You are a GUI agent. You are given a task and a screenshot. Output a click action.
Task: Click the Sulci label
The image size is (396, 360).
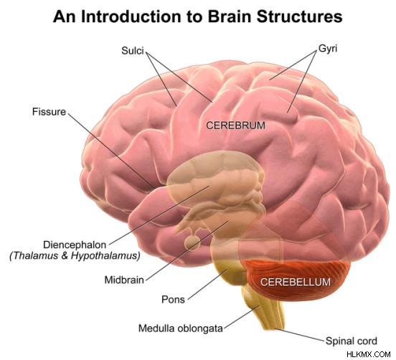point(133,51)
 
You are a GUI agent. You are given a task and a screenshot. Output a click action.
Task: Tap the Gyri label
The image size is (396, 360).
point(328,49)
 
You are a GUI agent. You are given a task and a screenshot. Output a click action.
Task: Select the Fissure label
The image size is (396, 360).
point(49,112)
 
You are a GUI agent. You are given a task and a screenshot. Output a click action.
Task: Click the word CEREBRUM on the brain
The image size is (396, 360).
point(235,125)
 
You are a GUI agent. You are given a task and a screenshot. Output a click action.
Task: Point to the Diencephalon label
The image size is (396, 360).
point(75,245)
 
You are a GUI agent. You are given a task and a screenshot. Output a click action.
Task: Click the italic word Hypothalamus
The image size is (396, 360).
point(105,256)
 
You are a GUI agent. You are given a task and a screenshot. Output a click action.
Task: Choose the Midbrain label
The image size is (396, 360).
point(124,280)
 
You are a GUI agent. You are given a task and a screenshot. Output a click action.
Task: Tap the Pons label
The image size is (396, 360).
point(174,300)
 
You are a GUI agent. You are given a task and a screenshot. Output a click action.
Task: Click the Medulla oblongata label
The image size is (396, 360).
point(181,328)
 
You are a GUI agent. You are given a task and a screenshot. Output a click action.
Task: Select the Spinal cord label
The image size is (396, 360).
point(352,341)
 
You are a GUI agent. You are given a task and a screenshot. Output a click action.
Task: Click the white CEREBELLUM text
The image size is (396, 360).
point(296,282)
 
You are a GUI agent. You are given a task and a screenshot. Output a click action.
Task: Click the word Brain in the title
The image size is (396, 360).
point(230,16)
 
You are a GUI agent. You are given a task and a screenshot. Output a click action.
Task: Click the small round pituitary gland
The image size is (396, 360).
point(192,243)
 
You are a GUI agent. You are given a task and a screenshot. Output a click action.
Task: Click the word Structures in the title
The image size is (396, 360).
point(300,16)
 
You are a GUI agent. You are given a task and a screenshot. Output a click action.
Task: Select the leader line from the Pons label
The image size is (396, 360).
point(208,284)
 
